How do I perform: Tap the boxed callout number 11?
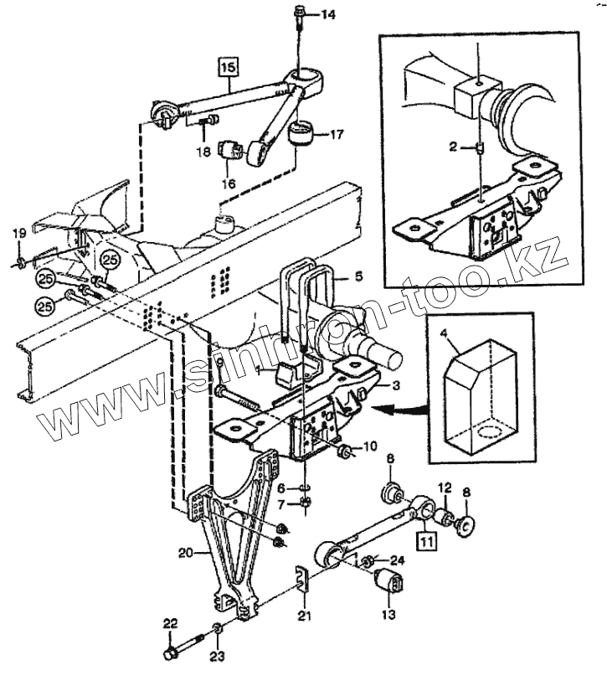tap(428, 540)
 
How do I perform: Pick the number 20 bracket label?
tap(185, 553)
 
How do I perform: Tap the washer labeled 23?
tap(217, 629)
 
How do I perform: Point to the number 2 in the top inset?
tap(451, 147)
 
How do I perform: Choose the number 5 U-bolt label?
tap(358, 274)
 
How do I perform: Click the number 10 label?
tap(369, 445)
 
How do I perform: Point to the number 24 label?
tap(396, 560)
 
